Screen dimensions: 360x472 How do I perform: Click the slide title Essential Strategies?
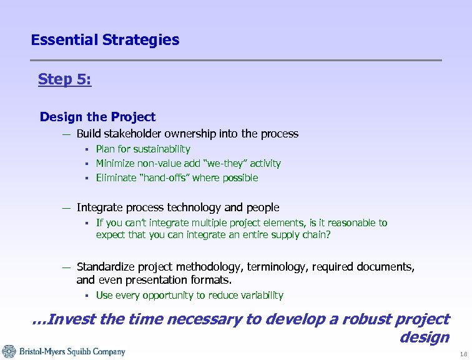(105, 40)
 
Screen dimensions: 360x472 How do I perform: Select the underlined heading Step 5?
(64, 79)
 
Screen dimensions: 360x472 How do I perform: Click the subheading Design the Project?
(97, 117)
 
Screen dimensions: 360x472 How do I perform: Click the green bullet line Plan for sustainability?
(143, 149)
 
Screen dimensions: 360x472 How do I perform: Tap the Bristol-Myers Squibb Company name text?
(72, 352)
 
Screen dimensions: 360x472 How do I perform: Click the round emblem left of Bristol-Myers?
(9, 352)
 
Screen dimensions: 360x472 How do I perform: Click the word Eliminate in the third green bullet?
(114, 177)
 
